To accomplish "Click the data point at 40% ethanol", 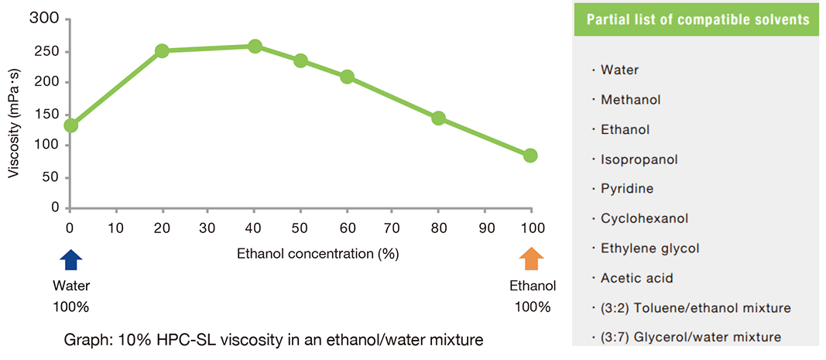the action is pos(255,46).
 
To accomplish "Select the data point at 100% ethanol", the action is pos(530,156).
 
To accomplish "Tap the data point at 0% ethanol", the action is pos(70,125).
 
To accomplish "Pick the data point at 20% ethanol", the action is pos(163,51).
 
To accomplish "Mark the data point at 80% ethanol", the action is pos(438,118).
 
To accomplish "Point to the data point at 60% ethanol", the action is pos(347,77).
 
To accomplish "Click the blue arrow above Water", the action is pos(70,260).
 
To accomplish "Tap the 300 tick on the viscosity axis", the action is pos(46,20).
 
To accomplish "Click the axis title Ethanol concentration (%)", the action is pos(317,253).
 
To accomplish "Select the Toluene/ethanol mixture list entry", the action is pos(696,308).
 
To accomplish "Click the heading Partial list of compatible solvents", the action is pos(698,20).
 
